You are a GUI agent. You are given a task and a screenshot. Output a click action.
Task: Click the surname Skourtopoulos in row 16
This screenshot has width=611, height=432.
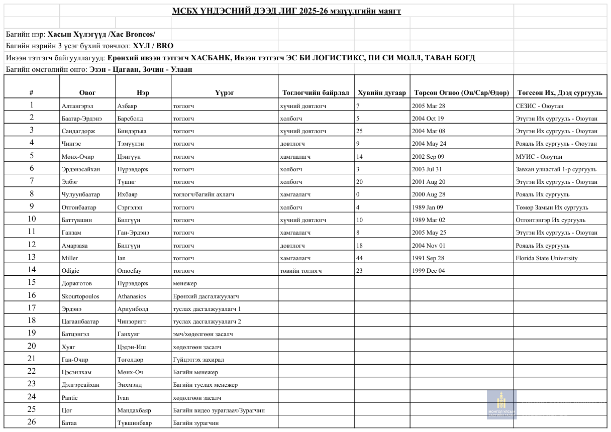point(80,296)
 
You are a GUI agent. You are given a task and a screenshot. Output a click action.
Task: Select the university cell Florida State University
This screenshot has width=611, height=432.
point(546,258)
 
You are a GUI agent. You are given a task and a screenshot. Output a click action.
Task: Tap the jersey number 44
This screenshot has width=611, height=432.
point(359,258)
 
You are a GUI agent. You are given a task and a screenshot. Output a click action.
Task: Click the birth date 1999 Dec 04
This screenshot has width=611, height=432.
point(429,271)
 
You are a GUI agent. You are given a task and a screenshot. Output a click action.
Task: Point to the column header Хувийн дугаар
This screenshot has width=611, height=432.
point(382,93)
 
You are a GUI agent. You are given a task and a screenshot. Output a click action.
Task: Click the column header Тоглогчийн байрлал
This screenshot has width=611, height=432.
point(316,93)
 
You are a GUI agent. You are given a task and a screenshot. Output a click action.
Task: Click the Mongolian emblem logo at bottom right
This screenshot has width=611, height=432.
point(501,405)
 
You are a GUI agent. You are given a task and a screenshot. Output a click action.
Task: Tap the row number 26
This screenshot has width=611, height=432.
point(32,422)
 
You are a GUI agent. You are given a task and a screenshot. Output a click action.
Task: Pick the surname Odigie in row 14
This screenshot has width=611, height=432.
point(71,271)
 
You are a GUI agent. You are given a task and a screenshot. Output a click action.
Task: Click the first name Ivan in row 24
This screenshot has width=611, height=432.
point(123,398)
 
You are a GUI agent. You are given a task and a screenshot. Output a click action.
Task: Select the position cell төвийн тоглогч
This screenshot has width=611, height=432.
point(301,271)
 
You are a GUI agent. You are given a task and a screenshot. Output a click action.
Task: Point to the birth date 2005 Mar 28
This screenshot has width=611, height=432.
point(429,106)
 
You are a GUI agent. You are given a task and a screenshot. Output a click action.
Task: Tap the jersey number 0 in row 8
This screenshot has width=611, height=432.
point(358,194)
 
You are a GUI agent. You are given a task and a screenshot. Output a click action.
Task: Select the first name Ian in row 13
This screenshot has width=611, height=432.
point(122,258)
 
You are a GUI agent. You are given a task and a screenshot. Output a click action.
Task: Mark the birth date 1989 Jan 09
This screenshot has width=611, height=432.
point(428,207)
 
